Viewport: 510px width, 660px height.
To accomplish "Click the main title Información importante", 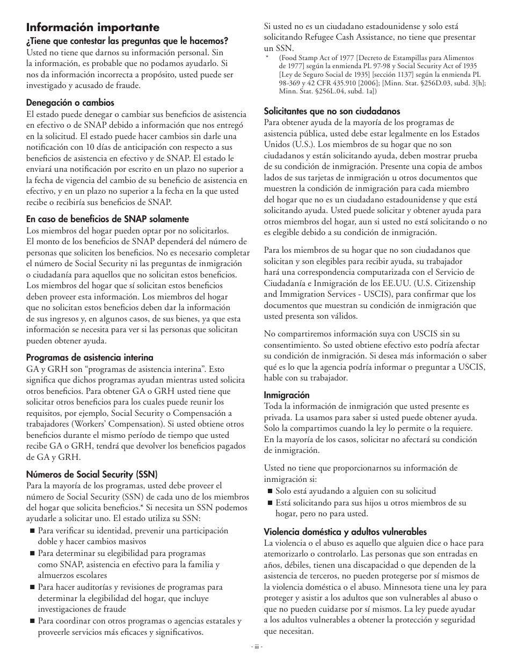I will click(93, 27).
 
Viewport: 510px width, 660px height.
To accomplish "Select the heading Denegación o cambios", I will click(70, 102).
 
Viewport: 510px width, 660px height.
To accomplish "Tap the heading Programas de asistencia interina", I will click(90, 357).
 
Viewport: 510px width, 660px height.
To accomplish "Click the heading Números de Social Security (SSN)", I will click(92, 474).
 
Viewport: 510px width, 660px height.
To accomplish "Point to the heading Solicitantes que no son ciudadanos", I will click(332, 111).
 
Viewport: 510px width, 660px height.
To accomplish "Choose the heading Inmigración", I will click(287, 395).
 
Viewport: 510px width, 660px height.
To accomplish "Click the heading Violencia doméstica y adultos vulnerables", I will click(345, 532).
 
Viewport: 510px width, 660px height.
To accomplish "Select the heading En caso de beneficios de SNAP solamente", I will click(107, 219).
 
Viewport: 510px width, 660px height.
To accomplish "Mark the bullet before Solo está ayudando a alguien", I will click(269, 491).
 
